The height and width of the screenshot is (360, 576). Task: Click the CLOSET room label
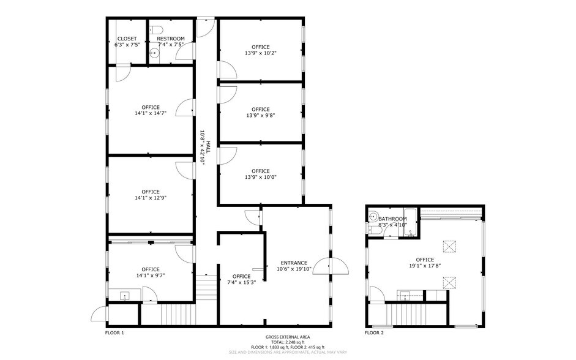click(127, 39)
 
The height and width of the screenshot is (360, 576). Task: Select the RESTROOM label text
click(171, 39)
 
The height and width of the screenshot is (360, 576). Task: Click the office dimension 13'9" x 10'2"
click(261, 53)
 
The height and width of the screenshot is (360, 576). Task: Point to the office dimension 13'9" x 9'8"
click(261, 115)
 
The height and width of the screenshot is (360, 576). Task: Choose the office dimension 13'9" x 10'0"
click(261, 178)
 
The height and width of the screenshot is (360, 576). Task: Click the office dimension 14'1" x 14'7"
click(151, 113)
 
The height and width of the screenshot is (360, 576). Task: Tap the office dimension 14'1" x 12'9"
click(151, 198)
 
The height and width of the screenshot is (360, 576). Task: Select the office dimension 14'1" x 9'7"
click(151, 276)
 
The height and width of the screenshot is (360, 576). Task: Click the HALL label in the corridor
click(208, 147)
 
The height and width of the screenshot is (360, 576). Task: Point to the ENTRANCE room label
click(294, 263)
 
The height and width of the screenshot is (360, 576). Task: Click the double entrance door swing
click(338, 266)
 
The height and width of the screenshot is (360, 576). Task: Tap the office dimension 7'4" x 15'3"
click(241, 282)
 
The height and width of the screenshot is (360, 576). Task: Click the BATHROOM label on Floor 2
click(392, 219)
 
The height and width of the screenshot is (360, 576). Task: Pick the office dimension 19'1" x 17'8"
click(425, 266)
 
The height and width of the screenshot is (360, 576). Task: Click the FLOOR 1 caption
click(114, 333)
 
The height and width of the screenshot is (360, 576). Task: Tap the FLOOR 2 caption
click(374, 333)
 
